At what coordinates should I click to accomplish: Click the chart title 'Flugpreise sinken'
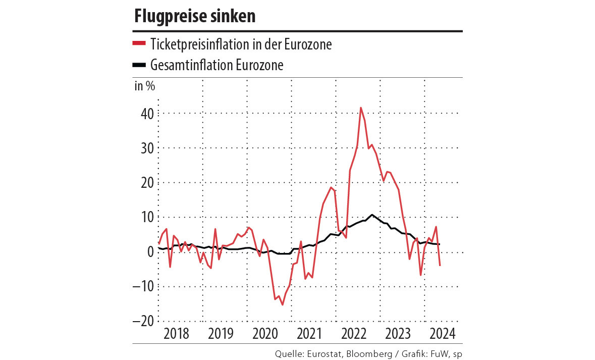pyautogui.click(x=195, y=17)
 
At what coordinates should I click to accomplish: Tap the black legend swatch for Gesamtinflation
pyautogui.click(x=139, y=65)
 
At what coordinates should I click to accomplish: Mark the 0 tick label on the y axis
pyautogui.click(x=149, y=251)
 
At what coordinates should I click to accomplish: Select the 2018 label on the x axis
pyautogui.click(x=176, y=334)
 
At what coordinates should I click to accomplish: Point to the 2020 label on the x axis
pyautogui.click(x=265, y=334)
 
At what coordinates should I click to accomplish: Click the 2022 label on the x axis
pyautogui.click(x=354, y=334)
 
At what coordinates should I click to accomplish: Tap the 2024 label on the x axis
pyautogui.click(x=442, y=334)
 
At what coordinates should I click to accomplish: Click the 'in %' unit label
pyautogui.click(x=144, y=85)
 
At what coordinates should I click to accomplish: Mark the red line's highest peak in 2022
pyautogui.click(x=360, y=108)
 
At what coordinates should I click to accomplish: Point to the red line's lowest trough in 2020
pyautogui.click(x=283, y=304)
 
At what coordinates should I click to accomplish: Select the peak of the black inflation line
pyautogui.click(x=372, y=215)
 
